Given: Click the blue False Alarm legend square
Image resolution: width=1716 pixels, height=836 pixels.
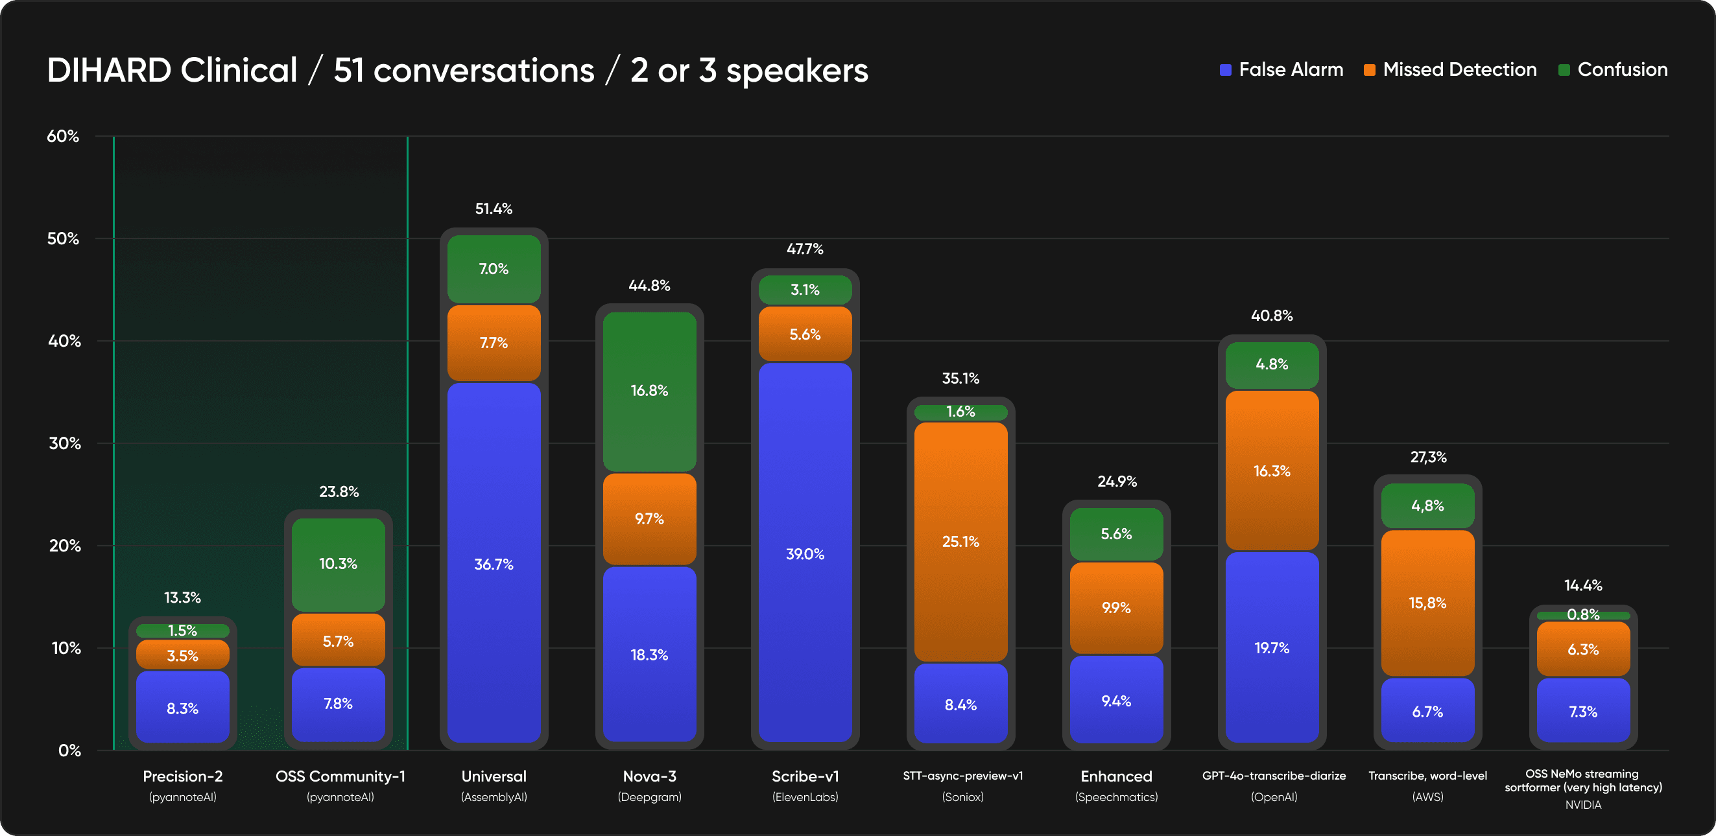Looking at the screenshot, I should point(1225,70).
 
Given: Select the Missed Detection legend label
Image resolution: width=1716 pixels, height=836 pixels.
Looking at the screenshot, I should point(1459,70).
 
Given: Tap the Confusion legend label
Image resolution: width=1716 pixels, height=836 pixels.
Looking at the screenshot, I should point(1622,70).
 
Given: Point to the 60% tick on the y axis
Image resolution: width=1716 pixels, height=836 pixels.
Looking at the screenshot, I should point(63,137).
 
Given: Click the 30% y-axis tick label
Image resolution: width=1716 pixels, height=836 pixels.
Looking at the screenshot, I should point(64,443).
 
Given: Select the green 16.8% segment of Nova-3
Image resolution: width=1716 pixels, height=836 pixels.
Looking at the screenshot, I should point(649,391).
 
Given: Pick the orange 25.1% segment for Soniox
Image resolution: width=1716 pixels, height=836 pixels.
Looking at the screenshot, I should point(960,541).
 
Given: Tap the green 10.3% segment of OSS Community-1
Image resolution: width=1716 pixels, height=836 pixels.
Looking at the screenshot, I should point(339,564).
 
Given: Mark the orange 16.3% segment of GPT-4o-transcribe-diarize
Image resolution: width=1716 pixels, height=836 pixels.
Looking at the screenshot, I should point(1272,470).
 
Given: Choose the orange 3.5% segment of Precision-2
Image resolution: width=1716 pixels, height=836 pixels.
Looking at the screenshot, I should point(182,655).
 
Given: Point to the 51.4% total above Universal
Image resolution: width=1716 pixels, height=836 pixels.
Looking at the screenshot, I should point(494,208).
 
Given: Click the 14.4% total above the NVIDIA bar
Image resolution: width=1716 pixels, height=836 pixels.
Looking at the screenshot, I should point(1583,585).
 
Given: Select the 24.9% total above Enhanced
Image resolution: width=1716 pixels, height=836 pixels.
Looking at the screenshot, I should point(1117,482).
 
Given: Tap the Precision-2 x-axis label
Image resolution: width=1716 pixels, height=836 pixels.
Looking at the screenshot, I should point(182,776).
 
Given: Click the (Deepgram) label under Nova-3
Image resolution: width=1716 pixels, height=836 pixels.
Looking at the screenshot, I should point(649,796).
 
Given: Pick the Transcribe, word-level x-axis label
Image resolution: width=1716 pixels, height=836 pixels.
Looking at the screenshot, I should point(1427,776).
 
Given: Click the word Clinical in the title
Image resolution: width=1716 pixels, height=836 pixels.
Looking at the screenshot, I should point(239,71).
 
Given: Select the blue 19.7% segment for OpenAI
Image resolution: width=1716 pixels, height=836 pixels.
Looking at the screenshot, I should point(1272,647).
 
